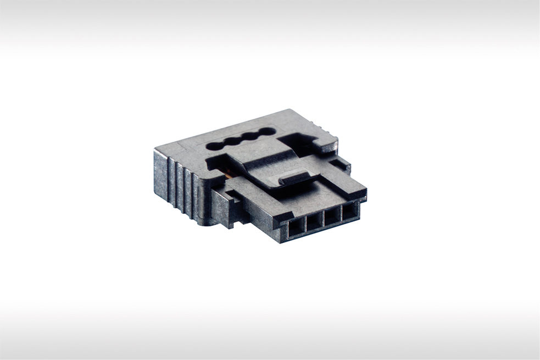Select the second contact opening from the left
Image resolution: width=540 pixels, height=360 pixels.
[x=314, y=221]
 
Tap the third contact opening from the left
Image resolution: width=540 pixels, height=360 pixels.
[x=332, y=217]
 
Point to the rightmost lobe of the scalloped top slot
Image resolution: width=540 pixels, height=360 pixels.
[x=266, y=132]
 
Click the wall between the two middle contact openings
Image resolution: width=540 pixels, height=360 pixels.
[x=323, y=219]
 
